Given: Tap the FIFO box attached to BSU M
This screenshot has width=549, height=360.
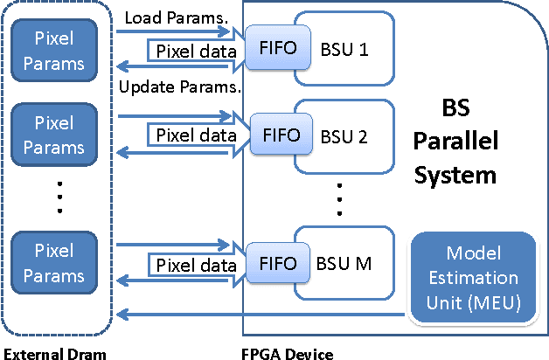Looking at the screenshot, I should [272, 262].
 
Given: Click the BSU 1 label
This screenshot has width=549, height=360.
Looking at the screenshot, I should [344, 51].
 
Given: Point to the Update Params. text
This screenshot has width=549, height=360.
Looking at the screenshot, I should [179, 87].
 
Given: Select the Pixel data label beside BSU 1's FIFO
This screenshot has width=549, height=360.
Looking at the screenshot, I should [196, 51].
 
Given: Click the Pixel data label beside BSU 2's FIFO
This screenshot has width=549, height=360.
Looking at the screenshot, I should [196, 136].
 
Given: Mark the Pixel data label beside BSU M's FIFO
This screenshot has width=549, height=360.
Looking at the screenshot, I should [196, 264].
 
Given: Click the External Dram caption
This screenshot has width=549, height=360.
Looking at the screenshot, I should [55, 353].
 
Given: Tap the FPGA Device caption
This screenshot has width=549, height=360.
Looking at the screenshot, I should [287, 353].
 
